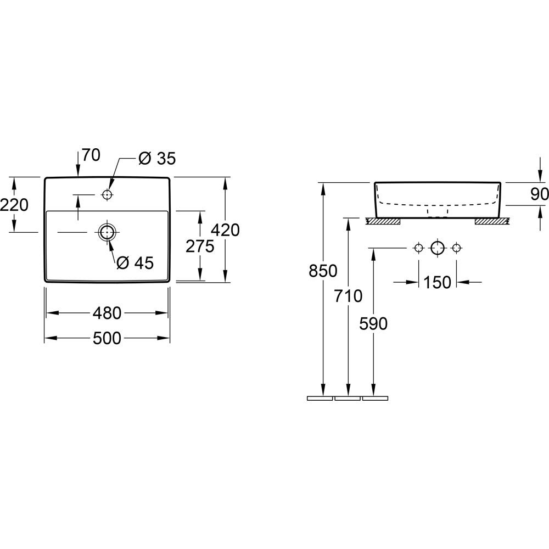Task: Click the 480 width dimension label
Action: [107, 313]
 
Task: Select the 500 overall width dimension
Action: [107, 339]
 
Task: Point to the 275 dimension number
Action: [200, 247]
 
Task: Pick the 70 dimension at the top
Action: [91, 155]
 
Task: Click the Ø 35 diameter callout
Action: [156, 159]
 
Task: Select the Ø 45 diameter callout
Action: [135, 263]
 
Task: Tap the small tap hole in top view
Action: [107, 195]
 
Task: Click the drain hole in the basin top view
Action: [107, 232]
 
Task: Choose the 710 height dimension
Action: [348, 296]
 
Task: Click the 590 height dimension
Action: [373, 323]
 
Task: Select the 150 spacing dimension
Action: [438, 282]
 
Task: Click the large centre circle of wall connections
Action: [437, 248]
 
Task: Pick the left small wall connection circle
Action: [419, 248]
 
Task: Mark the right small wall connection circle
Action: [455, 248]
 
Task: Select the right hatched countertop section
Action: [492, 221]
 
